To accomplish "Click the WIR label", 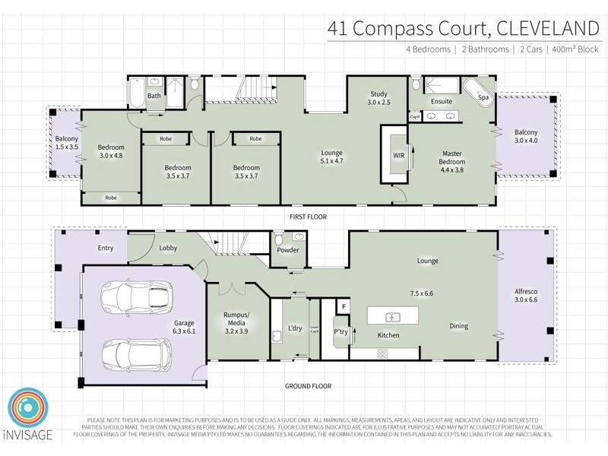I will [x=398, y=155].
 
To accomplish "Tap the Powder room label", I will [x=287, y=251].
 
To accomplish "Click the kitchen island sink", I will [x=394, y=316].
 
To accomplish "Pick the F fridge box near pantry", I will [x=344, y=306].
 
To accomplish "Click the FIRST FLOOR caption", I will [x=309, y=217].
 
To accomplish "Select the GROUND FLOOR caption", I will [x=309, y=386].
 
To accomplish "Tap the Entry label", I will [x=105, y=249].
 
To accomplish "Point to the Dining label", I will [x=458, y=326].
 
